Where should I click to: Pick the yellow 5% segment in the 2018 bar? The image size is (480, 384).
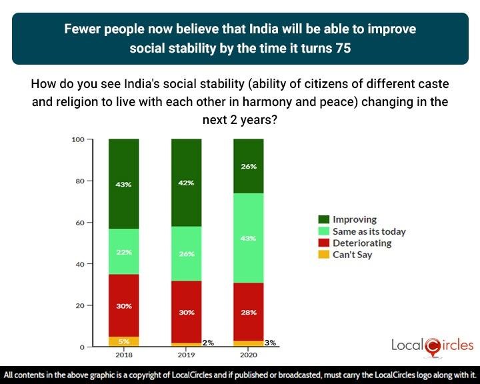(123, 341)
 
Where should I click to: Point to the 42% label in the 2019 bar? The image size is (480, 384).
(187, 183)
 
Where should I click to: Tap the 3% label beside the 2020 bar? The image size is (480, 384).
(270, 343)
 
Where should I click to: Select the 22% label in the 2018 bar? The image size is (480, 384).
(123, 252)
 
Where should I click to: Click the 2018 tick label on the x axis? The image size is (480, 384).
(123, 355)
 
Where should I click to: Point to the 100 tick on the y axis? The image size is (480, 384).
(78, 139)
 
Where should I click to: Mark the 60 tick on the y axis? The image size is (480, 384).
(80, 223)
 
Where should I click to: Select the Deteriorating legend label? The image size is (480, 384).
(362, 243)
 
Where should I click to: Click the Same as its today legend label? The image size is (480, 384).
(369, 231)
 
